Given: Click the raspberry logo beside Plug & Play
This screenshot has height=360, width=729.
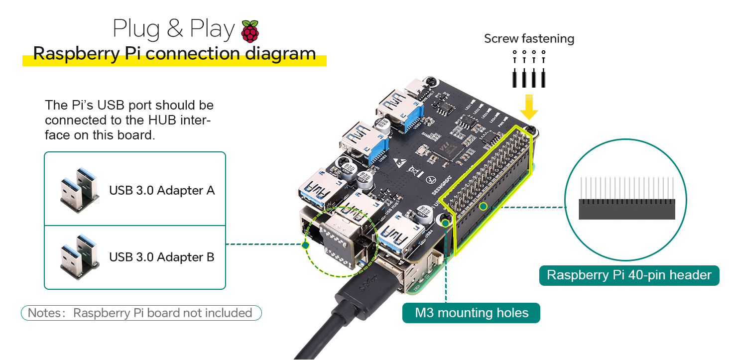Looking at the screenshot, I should point(250,31).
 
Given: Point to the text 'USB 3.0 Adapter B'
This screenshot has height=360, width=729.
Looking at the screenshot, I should point(162,257).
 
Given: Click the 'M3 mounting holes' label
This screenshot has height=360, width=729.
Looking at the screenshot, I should point(471,313).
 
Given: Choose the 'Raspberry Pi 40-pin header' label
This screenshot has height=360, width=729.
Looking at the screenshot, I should point(629,275).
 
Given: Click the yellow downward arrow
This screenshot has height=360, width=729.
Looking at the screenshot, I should point(529,106).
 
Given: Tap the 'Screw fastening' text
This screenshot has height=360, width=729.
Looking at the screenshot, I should point(529,39).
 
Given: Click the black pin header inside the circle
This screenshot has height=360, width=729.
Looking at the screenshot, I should point(626,209).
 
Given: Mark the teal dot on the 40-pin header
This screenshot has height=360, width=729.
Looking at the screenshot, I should point(483,206).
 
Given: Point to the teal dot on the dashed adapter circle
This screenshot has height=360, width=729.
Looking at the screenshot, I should point(306,244).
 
